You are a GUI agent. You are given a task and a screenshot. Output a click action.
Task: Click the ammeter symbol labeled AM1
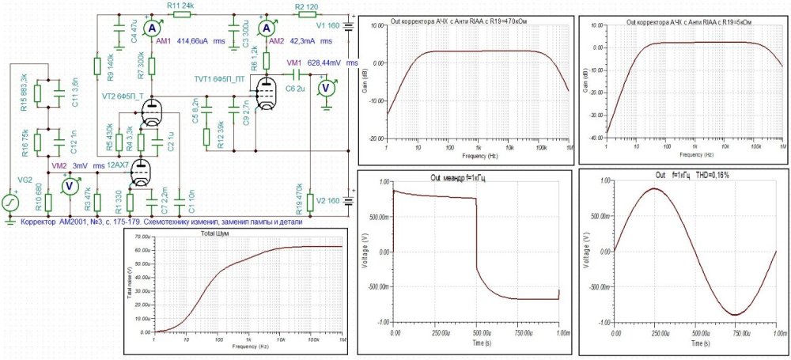(x=156, y=27)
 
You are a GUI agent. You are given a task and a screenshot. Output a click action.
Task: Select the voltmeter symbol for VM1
(x=324, y=87)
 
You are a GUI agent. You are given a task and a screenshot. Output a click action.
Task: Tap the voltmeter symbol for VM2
(x=69, y=186)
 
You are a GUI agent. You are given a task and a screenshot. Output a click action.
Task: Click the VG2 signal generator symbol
(x=12, y=203)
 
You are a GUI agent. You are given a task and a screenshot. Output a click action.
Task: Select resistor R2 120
(x=306, y=13)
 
